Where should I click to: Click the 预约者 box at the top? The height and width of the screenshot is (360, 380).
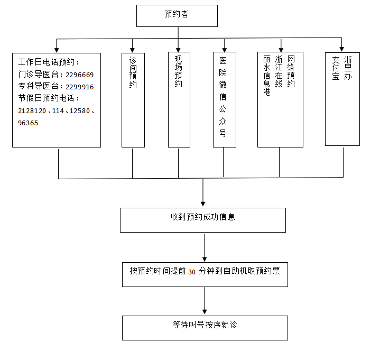(x=177, y=15)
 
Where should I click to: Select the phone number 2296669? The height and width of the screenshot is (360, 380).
(x=79, y=75)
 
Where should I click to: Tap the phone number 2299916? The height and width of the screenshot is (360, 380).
(x=79, y=87)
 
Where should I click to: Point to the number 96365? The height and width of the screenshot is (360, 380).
(x=28, y=123)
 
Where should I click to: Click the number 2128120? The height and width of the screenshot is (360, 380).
(x=32, y=111)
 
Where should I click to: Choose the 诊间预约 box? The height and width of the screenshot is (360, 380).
(x=133, y=99)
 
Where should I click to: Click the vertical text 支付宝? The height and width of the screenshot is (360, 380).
(x=335, y=69)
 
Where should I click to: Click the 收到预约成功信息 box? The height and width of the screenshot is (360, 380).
(x=202, y=220)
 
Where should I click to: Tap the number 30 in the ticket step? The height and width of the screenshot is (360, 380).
(x=192, y=272)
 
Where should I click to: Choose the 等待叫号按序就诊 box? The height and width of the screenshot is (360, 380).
(x=205, y=328)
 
